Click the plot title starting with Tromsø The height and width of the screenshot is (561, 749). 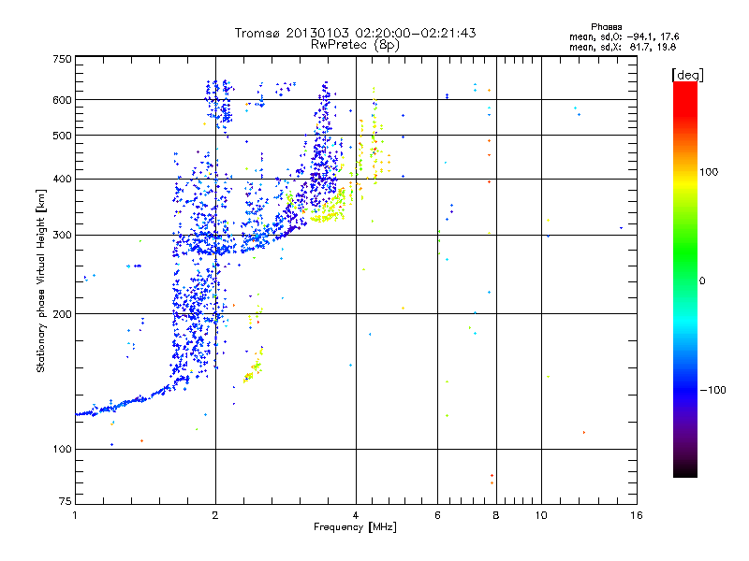pos(356,33)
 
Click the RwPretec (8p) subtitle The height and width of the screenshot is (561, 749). pos(356,44)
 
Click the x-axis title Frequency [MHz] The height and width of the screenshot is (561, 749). pos(355,528)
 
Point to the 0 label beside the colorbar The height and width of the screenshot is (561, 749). pos(703,280)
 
